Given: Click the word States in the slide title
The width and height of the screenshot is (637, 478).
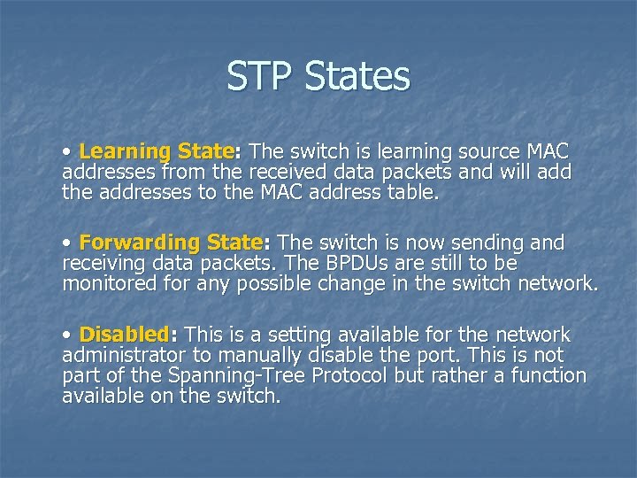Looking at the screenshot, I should (357, 76).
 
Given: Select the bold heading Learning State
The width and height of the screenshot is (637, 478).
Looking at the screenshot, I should (156, 151).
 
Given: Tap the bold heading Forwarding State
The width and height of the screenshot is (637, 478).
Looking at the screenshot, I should (170, 243).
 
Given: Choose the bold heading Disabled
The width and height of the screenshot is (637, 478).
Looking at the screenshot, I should (124, 335).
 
